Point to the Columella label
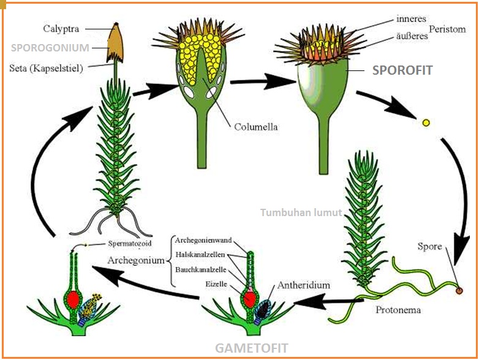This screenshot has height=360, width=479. coord(255,127)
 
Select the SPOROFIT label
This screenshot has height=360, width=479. coord(402,70)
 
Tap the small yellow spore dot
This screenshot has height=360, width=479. coord(426,122)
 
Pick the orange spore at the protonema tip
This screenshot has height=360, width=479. coord(459,290)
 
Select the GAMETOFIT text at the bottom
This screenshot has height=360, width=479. coord(251,348)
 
